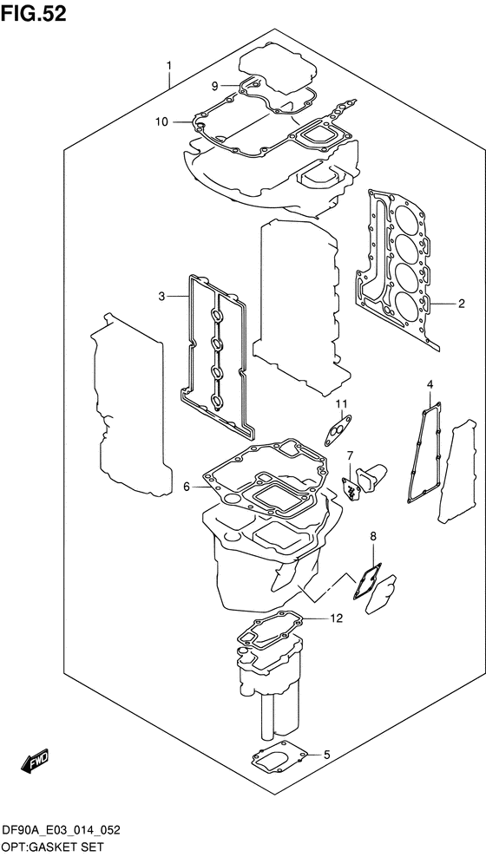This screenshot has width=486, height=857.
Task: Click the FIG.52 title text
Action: pyautogui.click(x=33, y=14)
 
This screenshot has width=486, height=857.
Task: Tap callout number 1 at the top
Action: pyautogui.click(x=169, y=67)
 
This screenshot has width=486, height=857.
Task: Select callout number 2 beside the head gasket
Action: pyautogui.click(x=462, y=304)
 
